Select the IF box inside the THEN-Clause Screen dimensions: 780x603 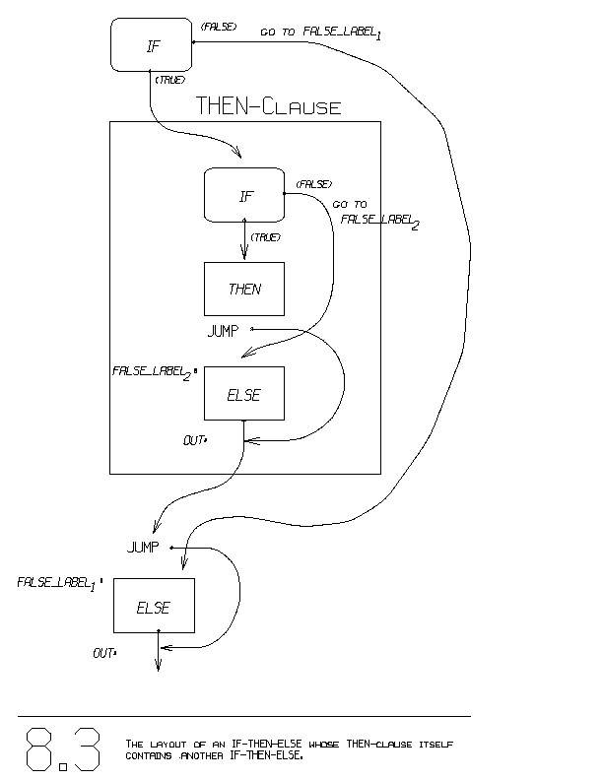(x=244, y=195)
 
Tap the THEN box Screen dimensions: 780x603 (x=244, y=289)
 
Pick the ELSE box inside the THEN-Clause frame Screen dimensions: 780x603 (x=243, y=394)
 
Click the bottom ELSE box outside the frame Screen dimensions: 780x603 (x=154, y=607)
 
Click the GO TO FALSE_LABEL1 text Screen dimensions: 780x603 (x=320, y=32)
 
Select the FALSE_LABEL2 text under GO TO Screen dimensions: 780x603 (x=380, y=220)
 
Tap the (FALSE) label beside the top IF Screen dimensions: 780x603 (x=217, y=27)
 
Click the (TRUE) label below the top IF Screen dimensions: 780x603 (x=170, y=79)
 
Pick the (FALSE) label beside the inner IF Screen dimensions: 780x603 (x=313, y=184)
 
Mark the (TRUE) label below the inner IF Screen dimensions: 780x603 (x=266, y=237)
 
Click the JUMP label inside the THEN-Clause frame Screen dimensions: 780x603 (x=223, y=331)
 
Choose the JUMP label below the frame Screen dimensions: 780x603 (x=144, y=548)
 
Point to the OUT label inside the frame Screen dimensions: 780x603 (x=194, y=440)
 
